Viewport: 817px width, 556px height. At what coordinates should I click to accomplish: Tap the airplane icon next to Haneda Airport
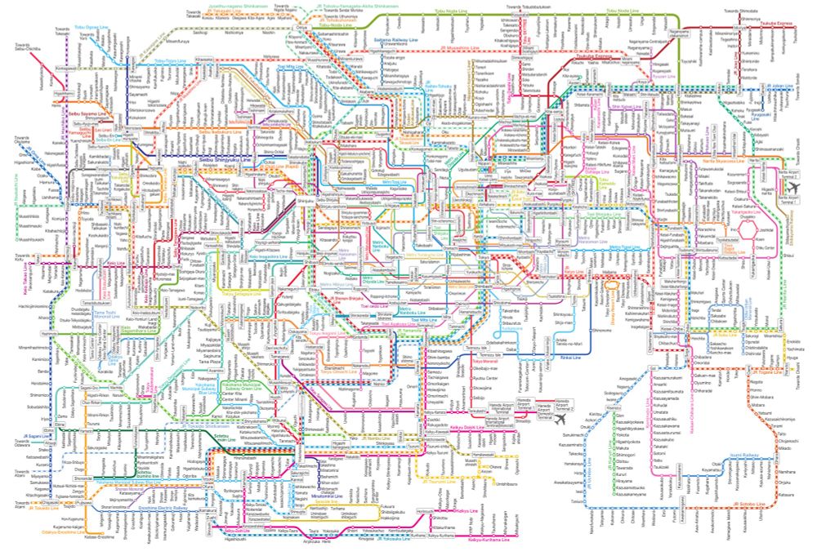point(560,420)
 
